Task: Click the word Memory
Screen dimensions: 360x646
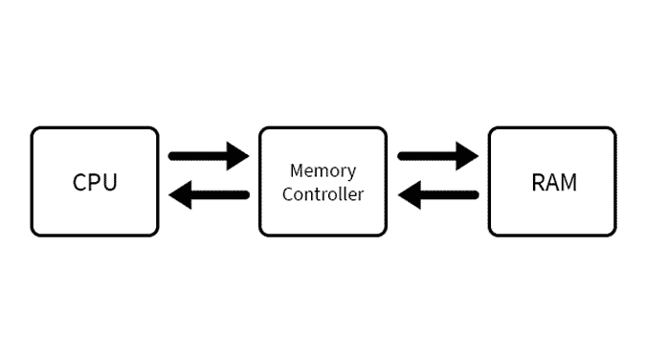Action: (323, 171)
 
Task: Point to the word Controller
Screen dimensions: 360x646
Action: (323, 194)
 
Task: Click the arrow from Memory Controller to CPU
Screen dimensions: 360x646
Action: (208, 196)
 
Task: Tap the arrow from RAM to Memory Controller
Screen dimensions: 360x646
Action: (437, 196)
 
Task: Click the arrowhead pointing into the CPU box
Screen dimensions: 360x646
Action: (178, 196)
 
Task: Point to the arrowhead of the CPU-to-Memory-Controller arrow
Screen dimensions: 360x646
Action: (238, 154)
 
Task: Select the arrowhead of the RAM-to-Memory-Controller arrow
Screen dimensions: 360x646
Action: (408, 196)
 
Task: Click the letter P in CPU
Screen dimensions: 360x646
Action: (96, 182)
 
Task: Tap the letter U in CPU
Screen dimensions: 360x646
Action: (109, 182)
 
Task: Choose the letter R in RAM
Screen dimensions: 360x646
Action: (538, 182)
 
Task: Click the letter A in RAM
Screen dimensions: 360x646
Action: (552, 182)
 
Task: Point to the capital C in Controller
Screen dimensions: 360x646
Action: (287, 194)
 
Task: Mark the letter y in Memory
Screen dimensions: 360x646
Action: (351, 173)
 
